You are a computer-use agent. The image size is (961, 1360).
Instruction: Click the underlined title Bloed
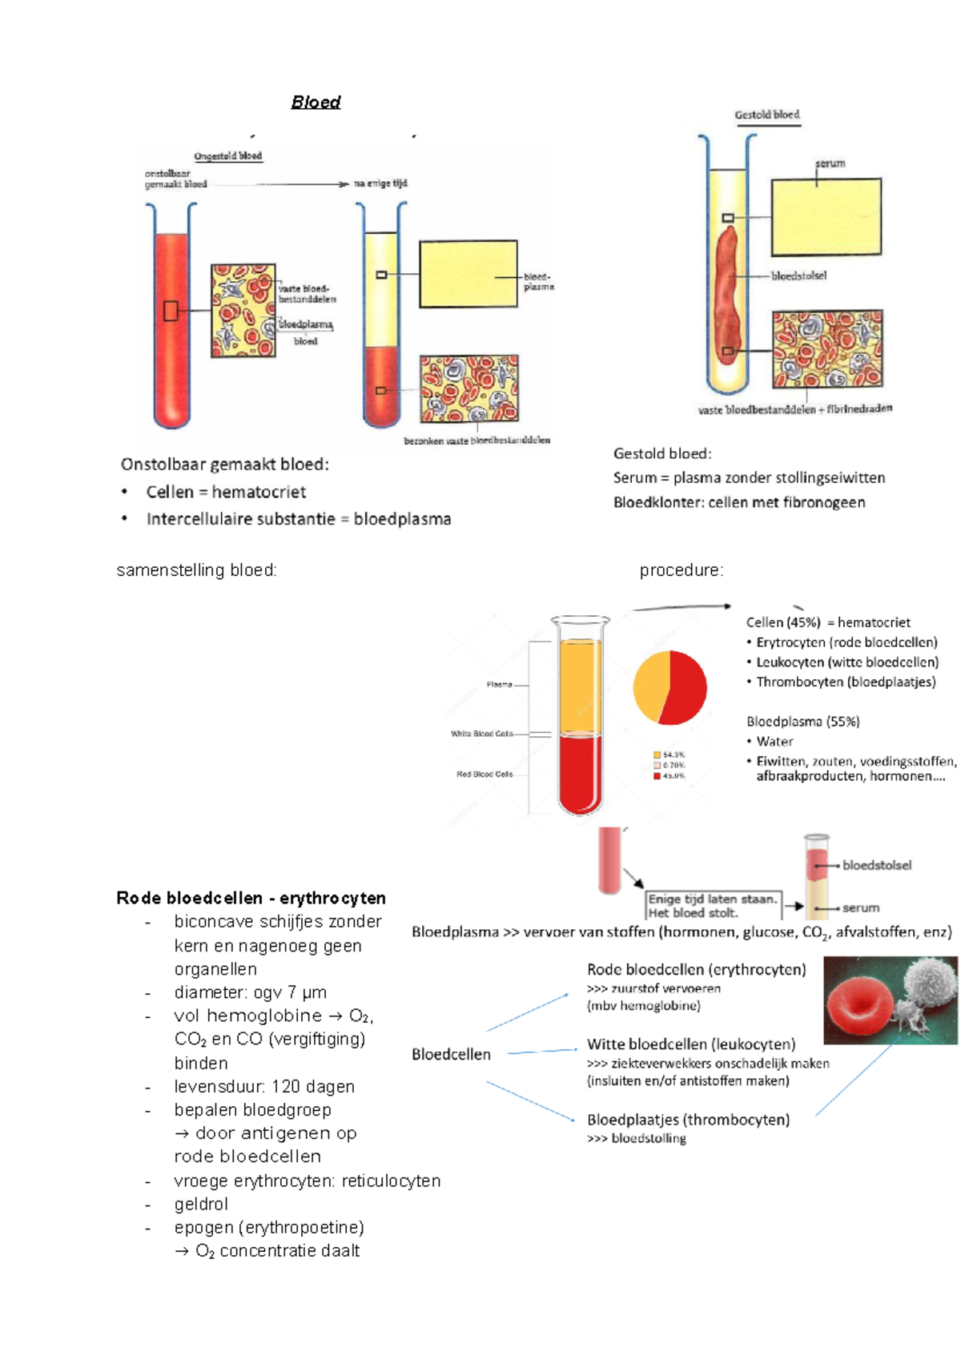click(x=316, y=103)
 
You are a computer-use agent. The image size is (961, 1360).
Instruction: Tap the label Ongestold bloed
click(x=228, y=156)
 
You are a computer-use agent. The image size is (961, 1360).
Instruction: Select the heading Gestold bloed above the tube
click(x=767, y=115)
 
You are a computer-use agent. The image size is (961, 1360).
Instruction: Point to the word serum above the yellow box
click(x=830, y=163)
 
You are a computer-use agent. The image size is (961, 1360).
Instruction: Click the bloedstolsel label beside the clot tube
click(x=798, y=276)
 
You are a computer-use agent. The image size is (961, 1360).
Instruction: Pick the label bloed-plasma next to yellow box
click(x=538, y=281)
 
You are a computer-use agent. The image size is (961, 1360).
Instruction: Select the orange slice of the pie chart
click(x=649, y=685)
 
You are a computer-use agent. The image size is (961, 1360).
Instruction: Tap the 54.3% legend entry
click(x=670, y=754)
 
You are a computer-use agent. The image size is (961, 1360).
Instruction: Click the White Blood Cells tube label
click(x=481, y=734)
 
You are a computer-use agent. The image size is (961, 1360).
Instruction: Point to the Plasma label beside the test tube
click(x=499, y=685)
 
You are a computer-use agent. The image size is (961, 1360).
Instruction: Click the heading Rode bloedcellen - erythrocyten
click(x=251, y=898)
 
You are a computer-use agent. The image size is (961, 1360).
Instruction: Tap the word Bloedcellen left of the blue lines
click(x=451, y=1054)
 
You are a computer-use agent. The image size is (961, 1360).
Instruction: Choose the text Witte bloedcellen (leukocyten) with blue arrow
click(x=691, y=1044)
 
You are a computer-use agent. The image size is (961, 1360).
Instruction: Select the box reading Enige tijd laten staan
click(x=712, y=906)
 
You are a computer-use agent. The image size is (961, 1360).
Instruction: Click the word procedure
click(x=681, y=570)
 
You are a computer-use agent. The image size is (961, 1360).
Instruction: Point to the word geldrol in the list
click(x=201, y=1204)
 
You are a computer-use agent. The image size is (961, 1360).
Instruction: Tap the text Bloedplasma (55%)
click(x=802, y=722)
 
